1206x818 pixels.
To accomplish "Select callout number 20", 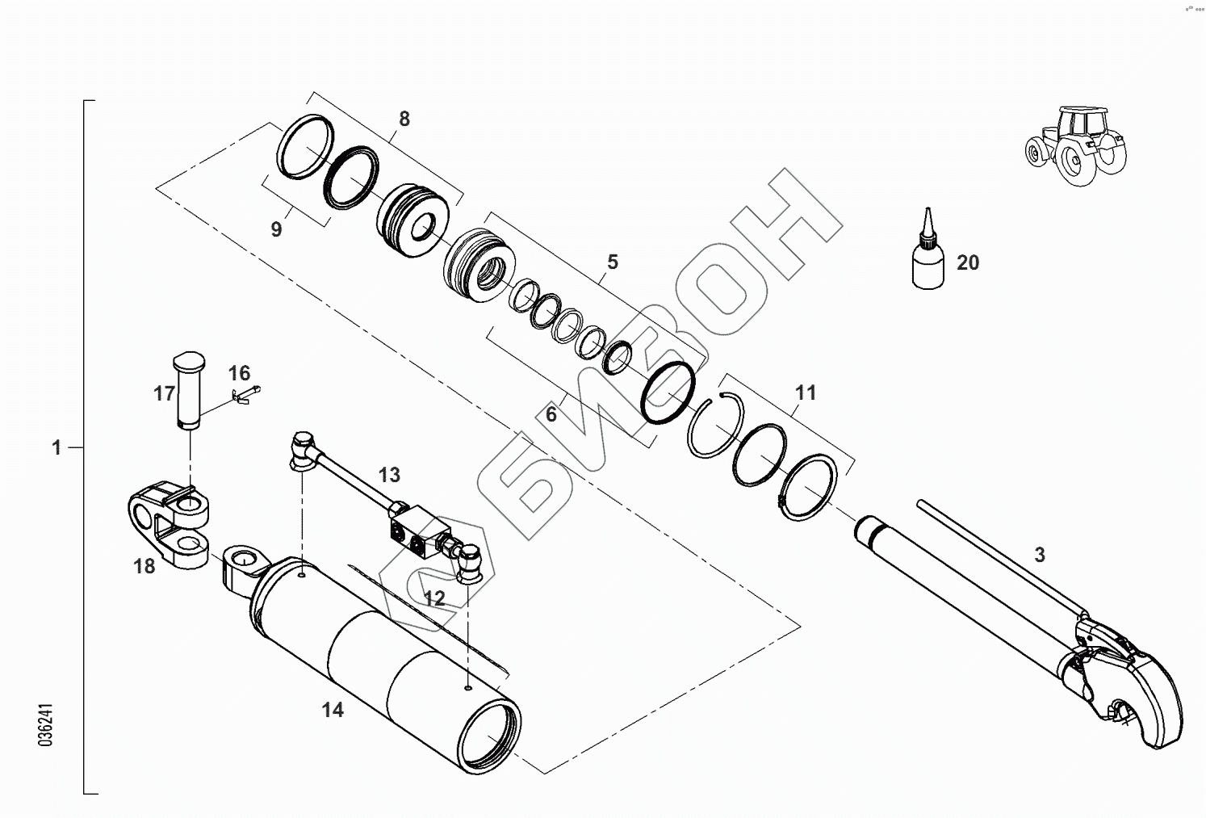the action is [967, 262].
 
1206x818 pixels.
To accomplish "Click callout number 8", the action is [404, 119].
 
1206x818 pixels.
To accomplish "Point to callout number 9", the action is [276, 229].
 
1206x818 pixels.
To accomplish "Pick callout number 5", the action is [612, 262].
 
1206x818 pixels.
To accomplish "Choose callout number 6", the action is [551, 414].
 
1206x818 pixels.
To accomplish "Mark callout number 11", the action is [806, 392].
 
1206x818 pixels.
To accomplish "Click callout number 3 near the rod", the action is [1039, 555].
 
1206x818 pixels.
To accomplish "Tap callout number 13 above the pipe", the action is [389, 474].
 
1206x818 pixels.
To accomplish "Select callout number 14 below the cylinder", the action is [333, 710].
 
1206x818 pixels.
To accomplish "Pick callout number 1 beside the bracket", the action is [57, 447].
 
